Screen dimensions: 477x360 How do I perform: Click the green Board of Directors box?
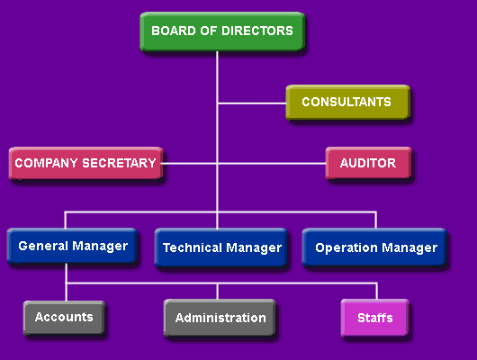(x=222, y=31)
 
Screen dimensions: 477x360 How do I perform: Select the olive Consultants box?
(x=348, y=103)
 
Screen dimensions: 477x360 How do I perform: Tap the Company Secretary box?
(x=86, y=164)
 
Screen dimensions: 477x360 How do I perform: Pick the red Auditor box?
(x=369, y=163)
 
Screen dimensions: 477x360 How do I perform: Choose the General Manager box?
(x=72, y=246)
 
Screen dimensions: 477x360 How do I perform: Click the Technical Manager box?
(x=221, y=247)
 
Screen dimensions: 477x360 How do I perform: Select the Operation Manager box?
(x=374, y=247)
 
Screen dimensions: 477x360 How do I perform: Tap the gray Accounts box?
(x=64, y=318)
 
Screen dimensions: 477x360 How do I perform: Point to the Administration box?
(x=220, y=318)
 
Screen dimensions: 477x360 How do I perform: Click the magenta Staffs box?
(x=374, y=318)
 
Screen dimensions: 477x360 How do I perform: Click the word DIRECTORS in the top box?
(x=257, y=31)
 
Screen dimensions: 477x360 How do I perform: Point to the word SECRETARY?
(x=119, y=163)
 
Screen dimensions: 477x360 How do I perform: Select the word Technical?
(x=193, y=247)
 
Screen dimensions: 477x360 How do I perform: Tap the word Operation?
(x=346, y=248)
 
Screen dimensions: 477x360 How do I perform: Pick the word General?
(x=43, y=246)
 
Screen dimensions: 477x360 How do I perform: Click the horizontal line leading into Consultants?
(x=252, y=103)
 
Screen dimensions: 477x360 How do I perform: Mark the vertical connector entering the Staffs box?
(x=376, y=292)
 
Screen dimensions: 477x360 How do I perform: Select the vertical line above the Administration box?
(x=217, y=292)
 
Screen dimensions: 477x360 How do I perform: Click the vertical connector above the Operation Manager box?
(x=375, y=220)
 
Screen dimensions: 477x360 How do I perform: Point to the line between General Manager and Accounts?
(x=66, y=282)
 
